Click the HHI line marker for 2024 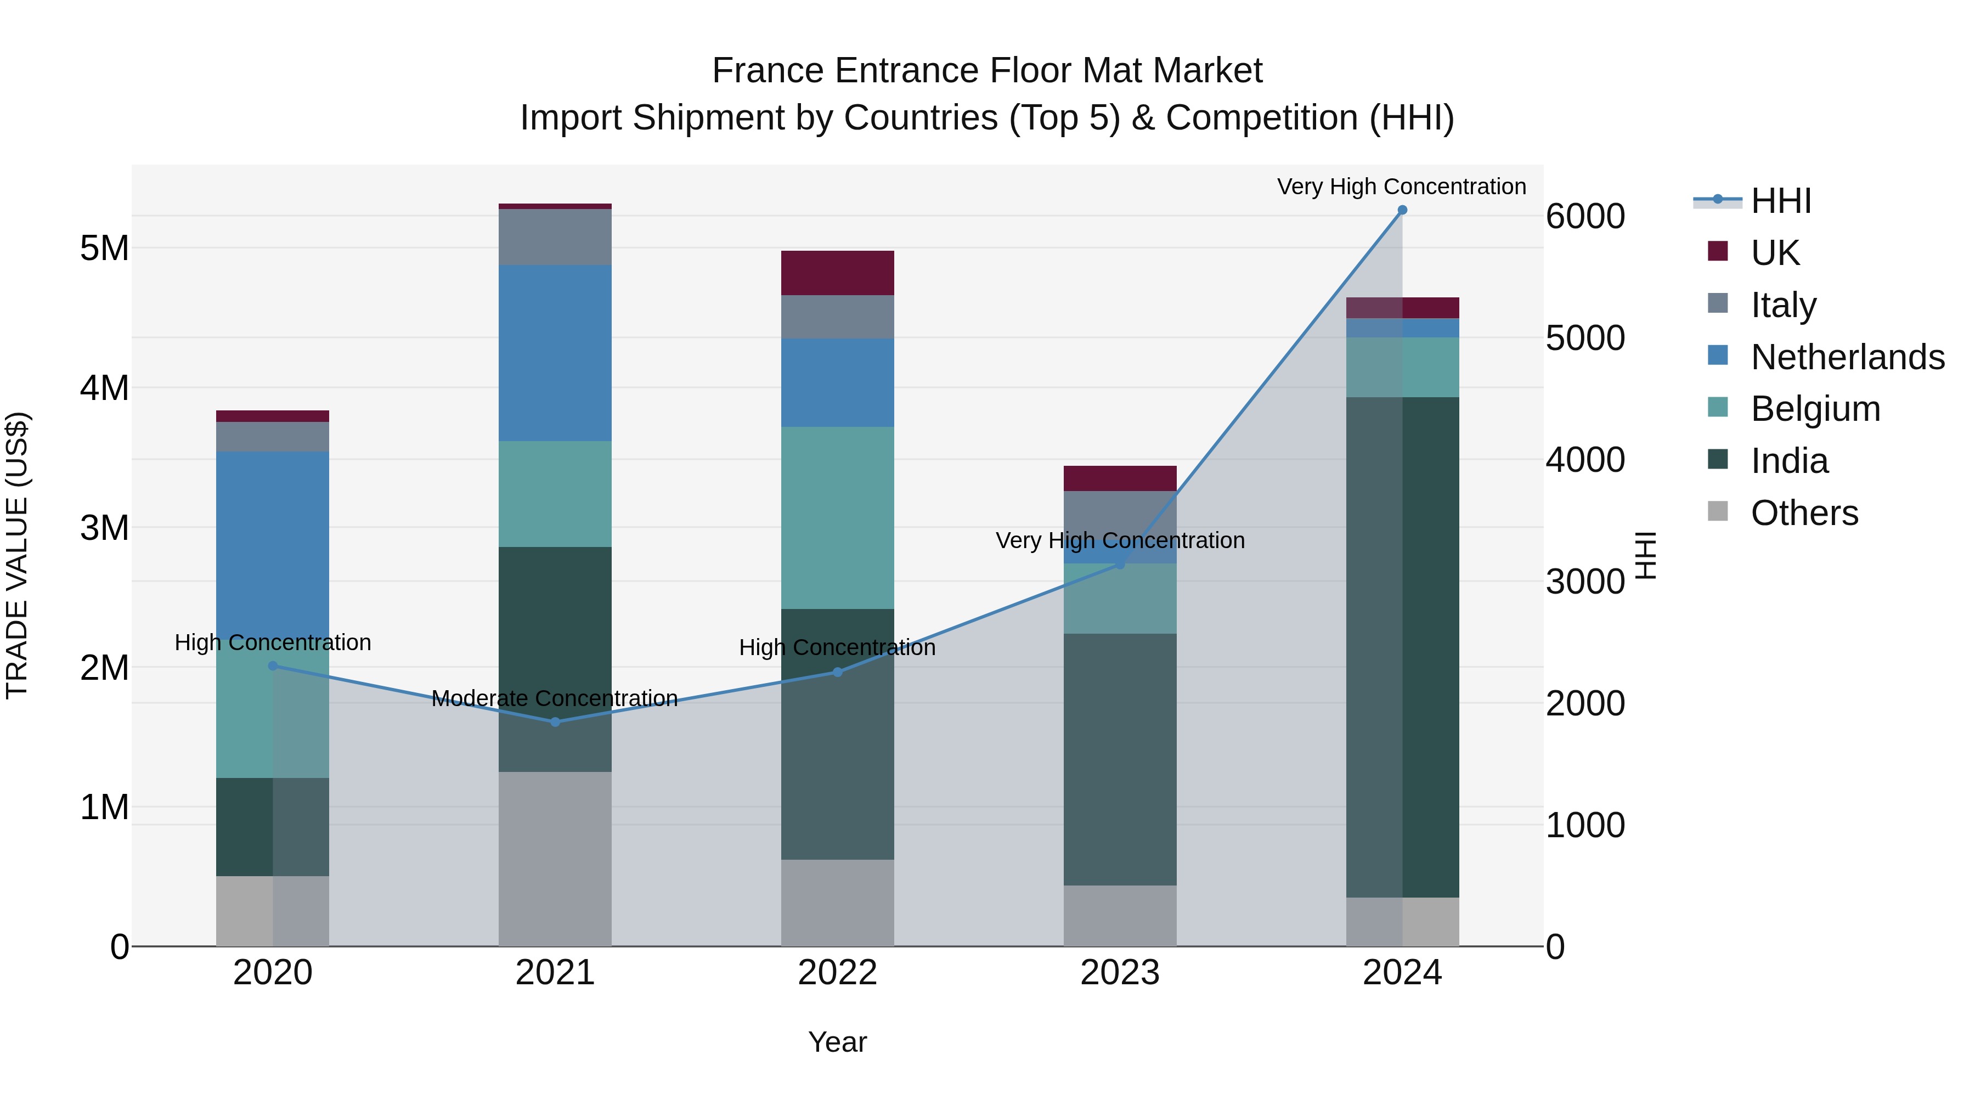(1402, 210)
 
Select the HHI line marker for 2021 (555, 721)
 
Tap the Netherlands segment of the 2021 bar (555, 353)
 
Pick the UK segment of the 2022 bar (837, 273)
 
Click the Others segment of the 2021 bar (555, 859)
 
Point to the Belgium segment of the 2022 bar (837, 517)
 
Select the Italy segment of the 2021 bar (555, 237)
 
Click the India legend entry (1790, 461)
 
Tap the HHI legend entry (1780, 201)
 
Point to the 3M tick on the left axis (104, 527)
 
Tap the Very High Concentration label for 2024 (1402, 187)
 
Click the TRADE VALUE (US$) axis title (17, 555)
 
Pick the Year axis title (837, 1042)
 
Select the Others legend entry (1804, 513)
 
